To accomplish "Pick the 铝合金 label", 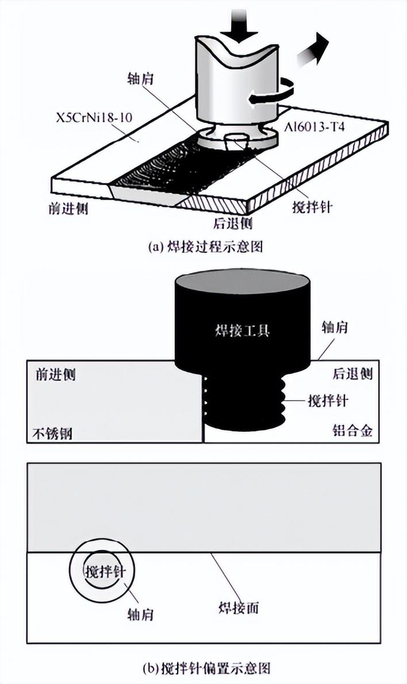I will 352,431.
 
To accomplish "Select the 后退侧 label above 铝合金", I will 352,375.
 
